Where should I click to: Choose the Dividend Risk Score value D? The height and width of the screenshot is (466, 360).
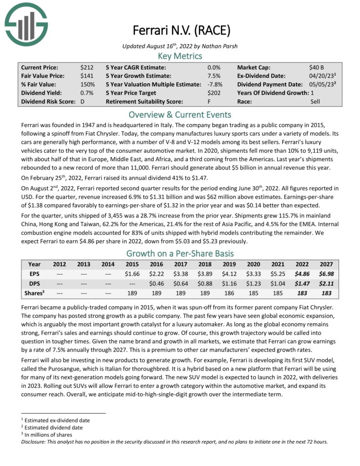[x=83, y=101]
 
